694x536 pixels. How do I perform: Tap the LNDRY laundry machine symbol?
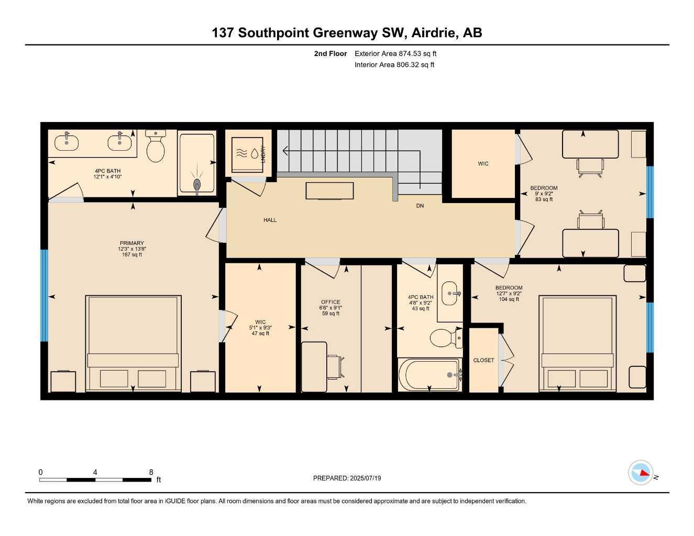click(247, 154)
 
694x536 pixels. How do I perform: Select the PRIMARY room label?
click(132, 243)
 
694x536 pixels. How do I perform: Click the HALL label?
click(270, 220)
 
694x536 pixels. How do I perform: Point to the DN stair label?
click(420, 206)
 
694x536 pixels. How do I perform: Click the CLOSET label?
click(483, 360)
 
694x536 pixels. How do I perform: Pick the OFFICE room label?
click(331, 302)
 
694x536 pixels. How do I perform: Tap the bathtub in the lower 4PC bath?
click(430, 374)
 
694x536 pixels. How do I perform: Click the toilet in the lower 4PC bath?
click(446, 338)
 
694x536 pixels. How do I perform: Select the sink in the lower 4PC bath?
click(450, 293)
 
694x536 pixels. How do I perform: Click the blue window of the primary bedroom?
click(45, 295)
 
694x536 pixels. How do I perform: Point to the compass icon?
click(641, 482)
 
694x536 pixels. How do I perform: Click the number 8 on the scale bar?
click(151, 472)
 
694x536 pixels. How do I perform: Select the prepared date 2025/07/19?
click(366, 478)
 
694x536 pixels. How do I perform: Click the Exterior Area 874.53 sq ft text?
click(395, 53)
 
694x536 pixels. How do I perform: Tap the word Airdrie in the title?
click(433, 33)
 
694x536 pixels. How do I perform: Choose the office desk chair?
click(336, 367)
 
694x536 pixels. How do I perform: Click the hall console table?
click(329, 191)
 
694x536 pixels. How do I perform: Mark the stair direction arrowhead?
click(285, 151)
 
